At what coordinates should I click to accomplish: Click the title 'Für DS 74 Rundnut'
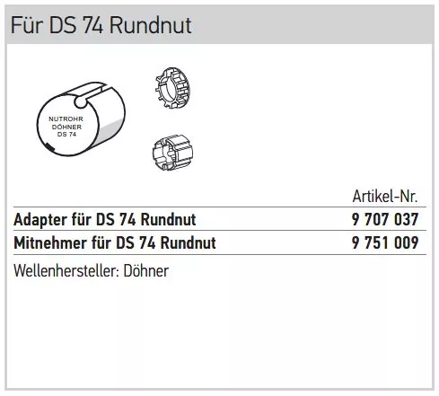101,25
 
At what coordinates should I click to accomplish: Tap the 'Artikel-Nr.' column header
385,197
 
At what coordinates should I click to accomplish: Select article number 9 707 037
385,219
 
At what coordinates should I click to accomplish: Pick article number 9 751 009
385,242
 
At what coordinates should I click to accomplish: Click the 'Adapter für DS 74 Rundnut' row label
105,220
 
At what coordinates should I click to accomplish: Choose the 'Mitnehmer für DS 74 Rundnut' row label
115,242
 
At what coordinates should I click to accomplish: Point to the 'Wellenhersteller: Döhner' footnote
91,271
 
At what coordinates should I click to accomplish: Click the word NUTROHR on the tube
66,119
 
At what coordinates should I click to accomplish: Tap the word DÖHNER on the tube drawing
66,127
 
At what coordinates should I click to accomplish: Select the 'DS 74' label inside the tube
66,135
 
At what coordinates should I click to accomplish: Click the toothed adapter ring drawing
173,87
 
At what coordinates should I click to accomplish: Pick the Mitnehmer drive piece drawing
172,153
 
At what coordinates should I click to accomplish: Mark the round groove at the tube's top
81,101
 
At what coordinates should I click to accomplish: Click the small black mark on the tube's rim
49,147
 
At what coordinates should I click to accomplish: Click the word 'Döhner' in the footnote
146,271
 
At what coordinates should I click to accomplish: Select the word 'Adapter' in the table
40,220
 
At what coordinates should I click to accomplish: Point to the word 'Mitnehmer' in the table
50,242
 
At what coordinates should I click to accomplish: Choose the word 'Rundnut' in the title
151,25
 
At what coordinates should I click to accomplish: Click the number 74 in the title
92,25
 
